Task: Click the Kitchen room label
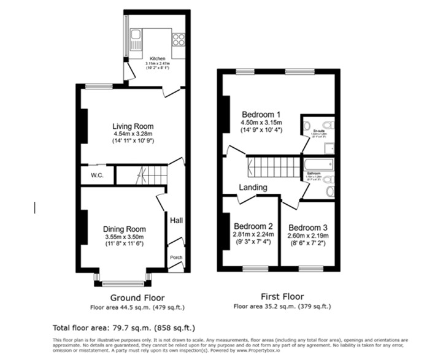click(156, 59)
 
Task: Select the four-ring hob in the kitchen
click(179, 39)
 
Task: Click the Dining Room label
click(123, 229)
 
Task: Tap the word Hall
click(176, 221)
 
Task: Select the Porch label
click(175, 257)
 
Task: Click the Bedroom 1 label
click(261, 114)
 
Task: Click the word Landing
click(253, 187)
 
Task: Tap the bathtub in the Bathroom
click(318, 164)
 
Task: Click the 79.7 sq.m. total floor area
click(128, 328)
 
